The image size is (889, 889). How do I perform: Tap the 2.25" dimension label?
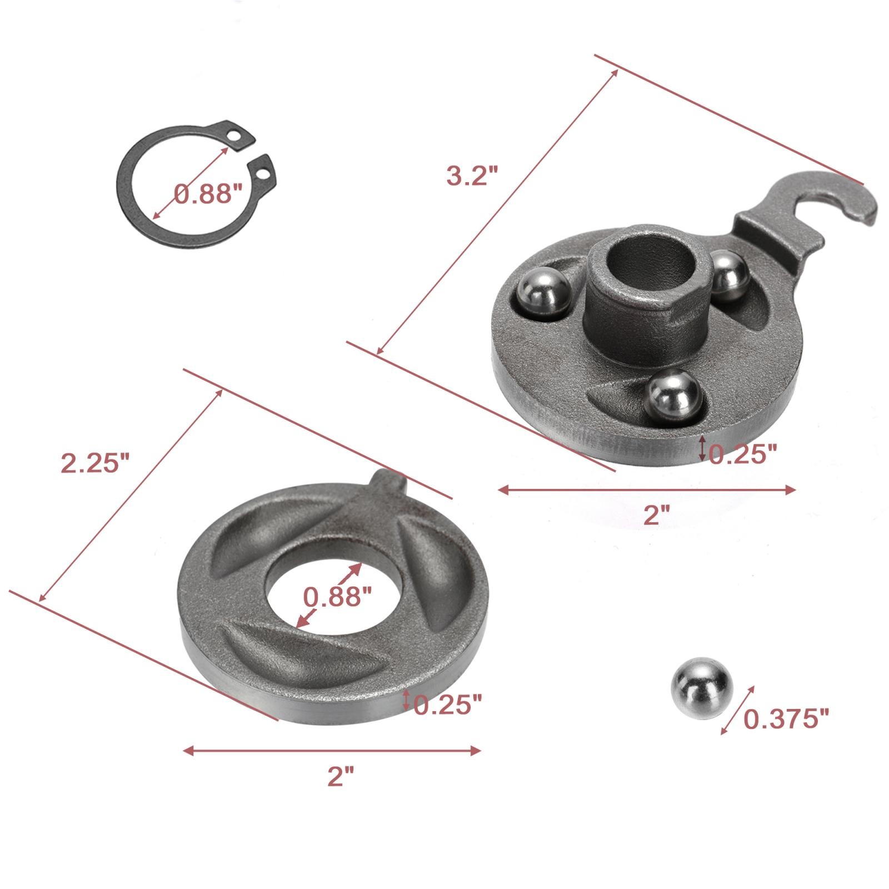96,463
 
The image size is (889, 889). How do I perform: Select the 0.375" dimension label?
786,719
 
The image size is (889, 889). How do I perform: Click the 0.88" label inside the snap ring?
208,194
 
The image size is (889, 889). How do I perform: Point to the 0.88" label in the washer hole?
337,597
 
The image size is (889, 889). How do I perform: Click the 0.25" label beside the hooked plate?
742,454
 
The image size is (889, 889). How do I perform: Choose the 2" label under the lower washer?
340,776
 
